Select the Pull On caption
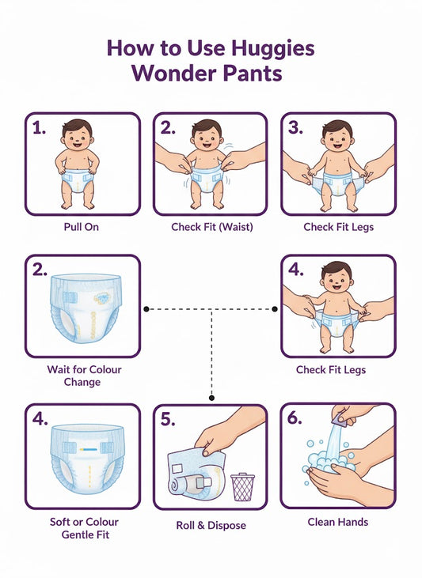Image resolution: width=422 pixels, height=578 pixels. (x=82, y=227)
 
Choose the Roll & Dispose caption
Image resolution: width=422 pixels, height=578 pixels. (x=210, y=525)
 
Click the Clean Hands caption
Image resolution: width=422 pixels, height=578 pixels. (x=338, y=522)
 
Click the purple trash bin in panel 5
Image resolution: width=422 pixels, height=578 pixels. (x=242, y=486)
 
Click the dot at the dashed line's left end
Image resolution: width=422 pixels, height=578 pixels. (x=146, y=308)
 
